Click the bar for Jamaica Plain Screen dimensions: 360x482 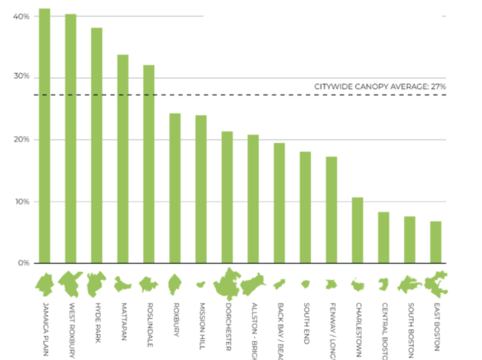coord(44,136)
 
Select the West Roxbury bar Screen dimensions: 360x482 coord(71,139)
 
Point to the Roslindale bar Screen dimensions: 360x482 coord(149,164)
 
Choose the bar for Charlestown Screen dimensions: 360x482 coord(358,230)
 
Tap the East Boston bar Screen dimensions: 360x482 coord(436,242)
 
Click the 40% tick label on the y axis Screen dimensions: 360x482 coord(21,16)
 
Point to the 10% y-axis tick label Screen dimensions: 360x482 coord(21,202)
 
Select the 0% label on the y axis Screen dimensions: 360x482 coord(23,263)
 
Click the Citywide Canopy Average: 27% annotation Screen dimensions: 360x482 coord(380,87)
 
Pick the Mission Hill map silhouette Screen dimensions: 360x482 coord(200,284)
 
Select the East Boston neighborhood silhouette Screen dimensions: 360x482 coord(436,284)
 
